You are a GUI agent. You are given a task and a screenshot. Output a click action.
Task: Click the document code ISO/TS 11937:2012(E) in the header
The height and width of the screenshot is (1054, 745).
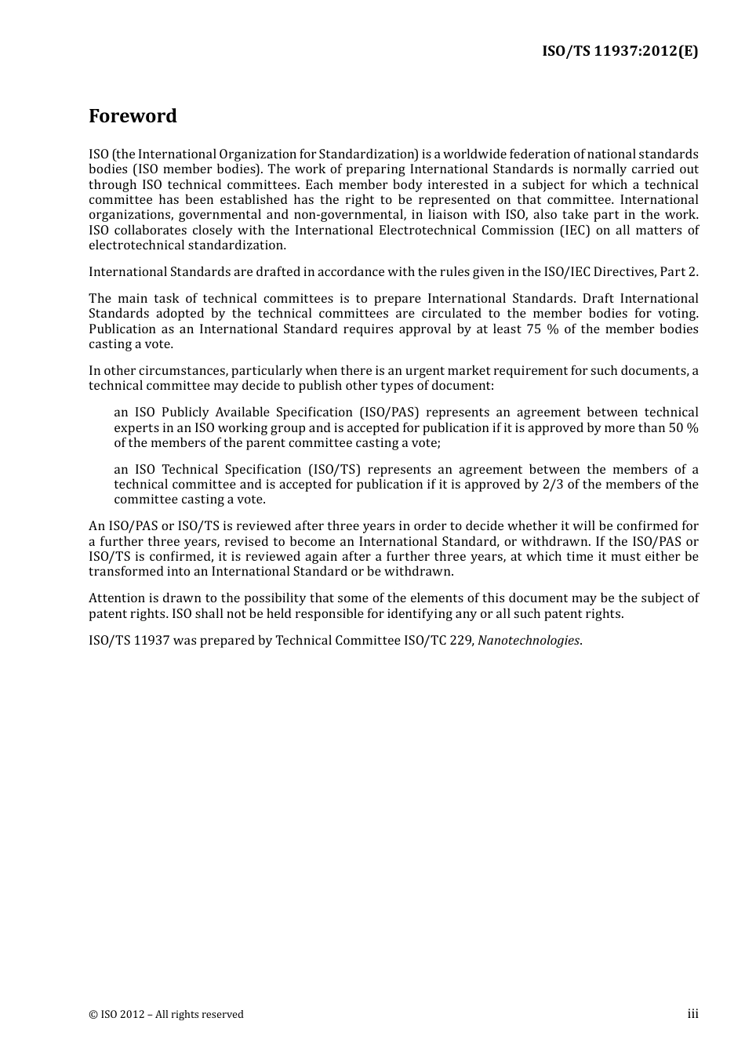tap(620, 52)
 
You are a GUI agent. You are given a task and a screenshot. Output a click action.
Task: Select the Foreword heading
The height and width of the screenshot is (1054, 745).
tap(133, 116)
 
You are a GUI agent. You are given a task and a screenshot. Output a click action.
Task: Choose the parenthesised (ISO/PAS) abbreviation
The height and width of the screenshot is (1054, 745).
tap(389, 412)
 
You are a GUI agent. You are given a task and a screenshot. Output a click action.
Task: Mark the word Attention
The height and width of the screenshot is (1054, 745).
tap(118, 598)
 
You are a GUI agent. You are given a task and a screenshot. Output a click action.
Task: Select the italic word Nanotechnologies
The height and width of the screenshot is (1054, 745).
tap(529, 640)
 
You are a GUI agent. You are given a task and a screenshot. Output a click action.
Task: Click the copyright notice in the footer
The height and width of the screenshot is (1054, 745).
tap(166, 1014)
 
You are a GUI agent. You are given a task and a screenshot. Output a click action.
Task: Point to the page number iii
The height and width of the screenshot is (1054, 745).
tap(692, 1013)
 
